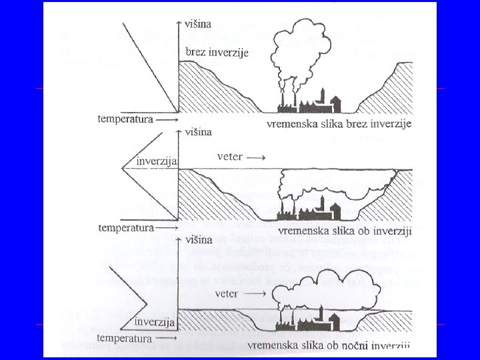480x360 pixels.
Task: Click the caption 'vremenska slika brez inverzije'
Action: click(x=339, y=124)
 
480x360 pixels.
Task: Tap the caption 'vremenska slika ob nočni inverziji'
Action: click(x=329, y=345)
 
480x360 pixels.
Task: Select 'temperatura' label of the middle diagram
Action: click(x=126, y=227)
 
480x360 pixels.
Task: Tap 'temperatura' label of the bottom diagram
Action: click(x=126, y=337)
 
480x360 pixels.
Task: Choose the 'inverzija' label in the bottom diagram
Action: click(x=155, y=323)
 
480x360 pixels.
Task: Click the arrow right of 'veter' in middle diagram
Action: click(x=258, y=157)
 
